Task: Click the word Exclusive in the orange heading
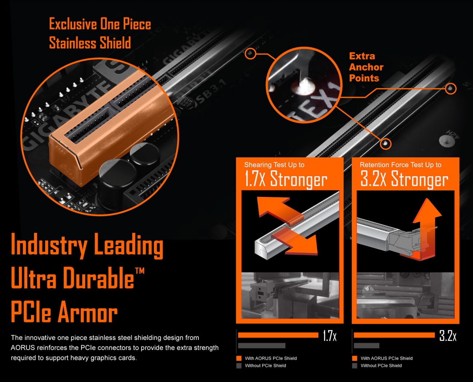click(x=73, y=24)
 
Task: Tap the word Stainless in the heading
click(x=72, y=43)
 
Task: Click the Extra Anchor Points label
click(x=366, y=67)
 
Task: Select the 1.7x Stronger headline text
click(x=286, y=179)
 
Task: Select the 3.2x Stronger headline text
click(x=404, y=179)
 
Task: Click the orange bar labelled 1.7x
click(x=278, y=335)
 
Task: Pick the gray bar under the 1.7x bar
click(x=262, y=345)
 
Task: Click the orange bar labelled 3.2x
click(x=394, y=335)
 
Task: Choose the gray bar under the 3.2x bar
click(x=366, y=345)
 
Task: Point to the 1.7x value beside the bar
click(x=330, y=335)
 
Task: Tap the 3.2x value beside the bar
click(x=448, y=335)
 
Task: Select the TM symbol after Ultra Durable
click(x=139, y=271)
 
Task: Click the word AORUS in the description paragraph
click(x=23, y=347)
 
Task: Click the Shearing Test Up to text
click(x=274, y=165)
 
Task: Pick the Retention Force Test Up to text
click(x=401, y=165)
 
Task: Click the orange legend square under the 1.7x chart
click(x=239, y=358)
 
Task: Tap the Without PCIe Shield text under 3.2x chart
click(x=381, y=366)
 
